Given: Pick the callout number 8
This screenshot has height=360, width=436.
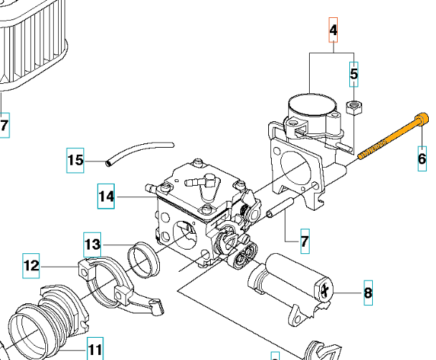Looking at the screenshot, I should [x=368, y=293].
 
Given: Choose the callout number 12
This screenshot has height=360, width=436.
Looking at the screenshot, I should [x=31, y=266].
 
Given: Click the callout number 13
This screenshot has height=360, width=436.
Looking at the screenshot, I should [x=93, y=245].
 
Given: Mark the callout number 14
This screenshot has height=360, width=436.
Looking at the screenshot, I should [x=106, y=196].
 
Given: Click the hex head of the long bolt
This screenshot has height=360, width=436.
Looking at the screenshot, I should [x=422, y=117].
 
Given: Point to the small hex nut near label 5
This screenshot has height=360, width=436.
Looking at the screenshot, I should [x=354, y=108].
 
